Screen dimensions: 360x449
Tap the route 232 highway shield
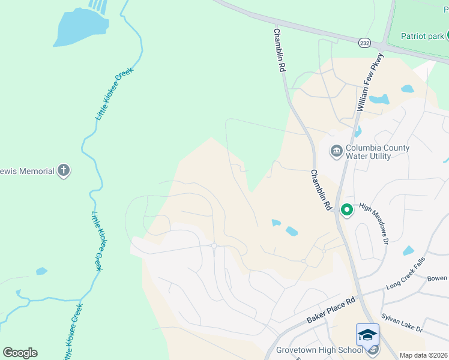tap(365, 43)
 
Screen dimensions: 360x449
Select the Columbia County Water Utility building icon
tap(336, 150)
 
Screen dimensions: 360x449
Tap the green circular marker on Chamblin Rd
tap(346, 210)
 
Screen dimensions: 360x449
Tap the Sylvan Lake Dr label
tap(402, 323)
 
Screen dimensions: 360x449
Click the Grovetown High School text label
tap(319, 350)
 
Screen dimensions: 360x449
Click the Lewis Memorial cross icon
tap(64, 171)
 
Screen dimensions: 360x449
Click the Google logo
tap(20, 353)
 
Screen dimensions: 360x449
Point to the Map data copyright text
tap(424, 355)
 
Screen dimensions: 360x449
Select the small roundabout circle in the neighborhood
tap(214, 245)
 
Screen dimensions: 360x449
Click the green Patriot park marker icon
tap(448, 35)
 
